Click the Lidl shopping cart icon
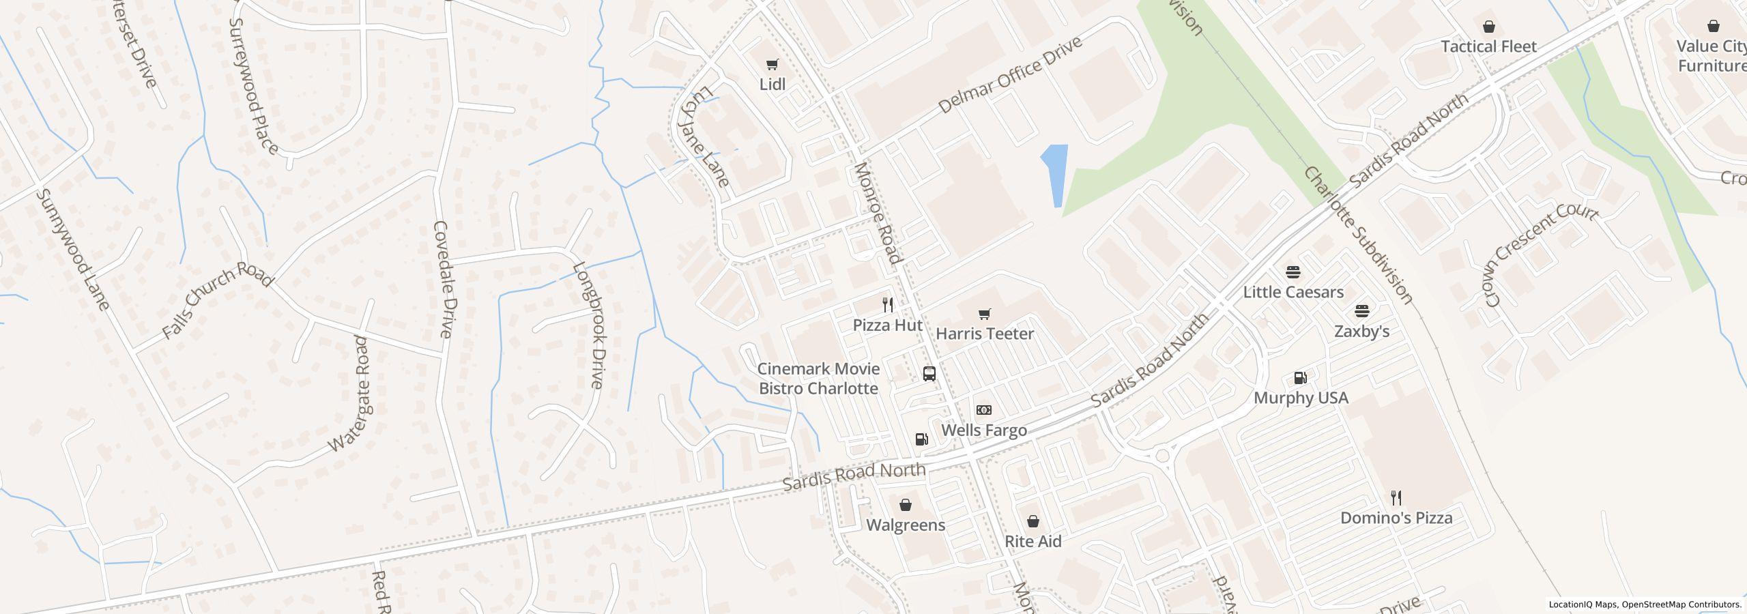(x=772, y=65)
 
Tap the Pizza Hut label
(x=887, y=325)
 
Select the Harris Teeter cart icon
(x=984, y=315)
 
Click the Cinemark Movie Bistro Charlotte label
(x=818, y=379)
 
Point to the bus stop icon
(x=929, y=374)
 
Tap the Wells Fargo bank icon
(x=984, y=410)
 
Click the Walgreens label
(x=906, y=525)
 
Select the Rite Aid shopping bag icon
(x=1033, y=522)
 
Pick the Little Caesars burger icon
(x=1293, y=272)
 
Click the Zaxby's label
(x=1361, y=332)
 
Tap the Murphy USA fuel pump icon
(x=1301, y=378)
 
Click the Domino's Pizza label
(x=1396, y=518)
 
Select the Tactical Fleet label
(x=1488, y=46)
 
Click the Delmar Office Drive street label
(x=1010, y=75)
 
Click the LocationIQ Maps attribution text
(x=1645, y=604)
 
